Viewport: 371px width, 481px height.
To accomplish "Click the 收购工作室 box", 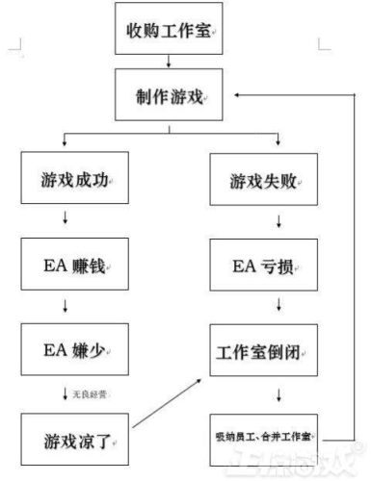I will pyautogui.click(x=171, y=28).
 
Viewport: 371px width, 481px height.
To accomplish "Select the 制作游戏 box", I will pyautogui.click(x=171, y=94).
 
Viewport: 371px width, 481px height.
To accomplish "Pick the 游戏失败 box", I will pyautogui.click(x=263, y=180).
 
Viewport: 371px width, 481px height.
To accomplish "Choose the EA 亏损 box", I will pyautogui.click(x=263, y=264).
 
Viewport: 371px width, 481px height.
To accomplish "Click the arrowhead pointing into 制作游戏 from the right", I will pyautogui.click(x=237, y=94).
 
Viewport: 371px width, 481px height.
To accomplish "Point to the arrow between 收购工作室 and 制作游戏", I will pyautogui.click(x=171, y=60).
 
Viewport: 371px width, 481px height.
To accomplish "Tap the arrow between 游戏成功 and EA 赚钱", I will pyautogui.click(x=66, y=221).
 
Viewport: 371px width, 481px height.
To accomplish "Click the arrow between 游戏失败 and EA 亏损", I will pyautogui.click(x=278, y=221).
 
